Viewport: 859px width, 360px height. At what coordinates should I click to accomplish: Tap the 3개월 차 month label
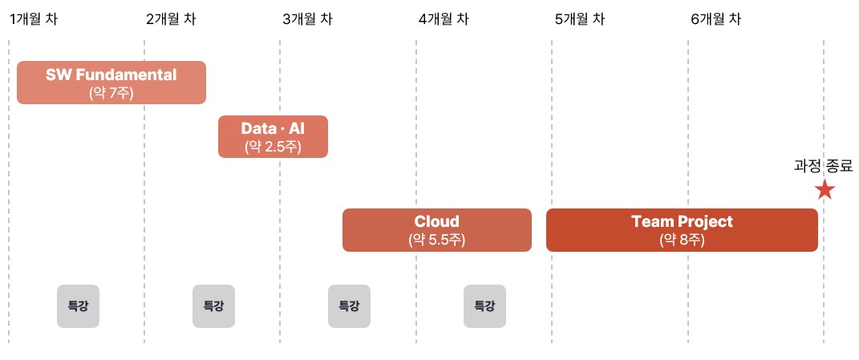(306, 19)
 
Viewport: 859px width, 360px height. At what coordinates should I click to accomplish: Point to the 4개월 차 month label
(443, 19)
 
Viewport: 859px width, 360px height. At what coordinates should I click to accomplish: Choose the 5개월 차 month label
(579, 19)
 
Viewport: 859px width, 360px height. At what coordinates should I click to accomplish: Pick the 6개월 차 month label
(715, 19)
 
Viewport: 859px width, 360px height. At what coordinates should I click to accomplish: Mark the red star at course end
(825, 190)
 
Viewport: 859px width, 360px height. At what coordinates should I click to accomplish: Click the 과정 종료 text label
(824, 166)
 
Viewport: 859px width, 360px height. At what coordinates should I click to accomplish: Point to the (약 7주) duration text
(111, 92)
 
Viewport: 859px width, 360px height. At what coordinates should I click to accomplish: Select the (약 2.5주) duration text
(273, 146)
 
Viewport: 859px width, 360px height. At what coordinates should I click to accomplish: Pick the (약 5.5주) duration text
(437, 239)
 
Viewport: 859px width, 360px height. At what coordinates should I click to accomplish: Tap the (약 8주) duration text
(682, 239)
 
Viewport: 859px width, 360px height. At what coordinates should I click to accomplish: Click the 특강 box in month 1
(78, 305)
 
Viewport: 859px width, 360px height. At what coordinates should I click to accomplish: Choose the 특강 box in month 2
(213, 305)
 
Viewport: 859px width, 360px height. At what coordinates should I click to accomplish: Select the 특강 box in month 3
(349, 305)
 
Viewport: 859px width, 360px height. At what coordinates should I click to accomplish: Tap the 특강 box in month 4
(484, 305)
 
